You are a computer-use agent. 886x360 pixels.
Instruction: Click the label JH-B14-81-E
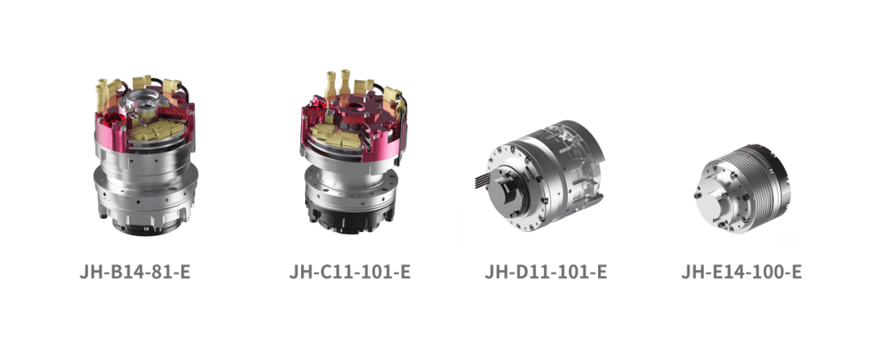tap(135, 271)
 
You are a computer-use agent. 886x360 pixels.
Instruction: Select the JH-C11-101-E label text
tap(349, 271)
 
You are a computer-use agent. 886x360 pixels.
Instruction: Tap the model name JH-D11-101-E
tap(546, 271)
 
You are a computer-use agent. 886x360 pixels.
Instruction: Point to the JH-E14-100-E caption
tap(742, 271)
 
